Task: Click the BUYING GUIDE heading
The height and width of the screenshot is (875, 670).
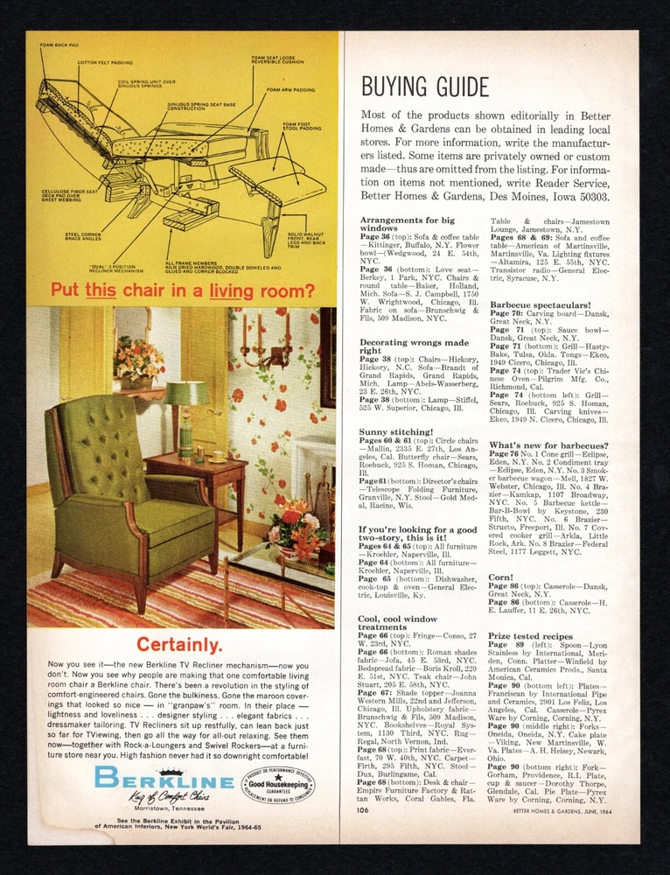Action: (x=425, y=87)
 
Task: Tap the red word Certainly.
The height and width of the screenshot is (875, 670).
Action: (x=178, y=646)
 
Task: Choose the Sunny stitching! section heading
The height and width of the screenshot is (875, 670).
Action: (x=395, y=431)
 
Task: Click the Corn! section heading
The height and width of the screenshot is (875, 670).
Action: (x=501, y=577)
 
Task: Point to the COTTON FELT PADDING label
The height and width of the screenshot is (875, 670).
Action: (x=105, y=63)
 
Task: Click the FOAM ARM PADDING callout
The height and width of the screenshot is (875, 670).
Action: (x=291, y=89)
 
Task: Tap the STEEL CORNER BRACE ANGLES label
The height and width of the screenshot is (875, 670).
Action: (x=83, y=236)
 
